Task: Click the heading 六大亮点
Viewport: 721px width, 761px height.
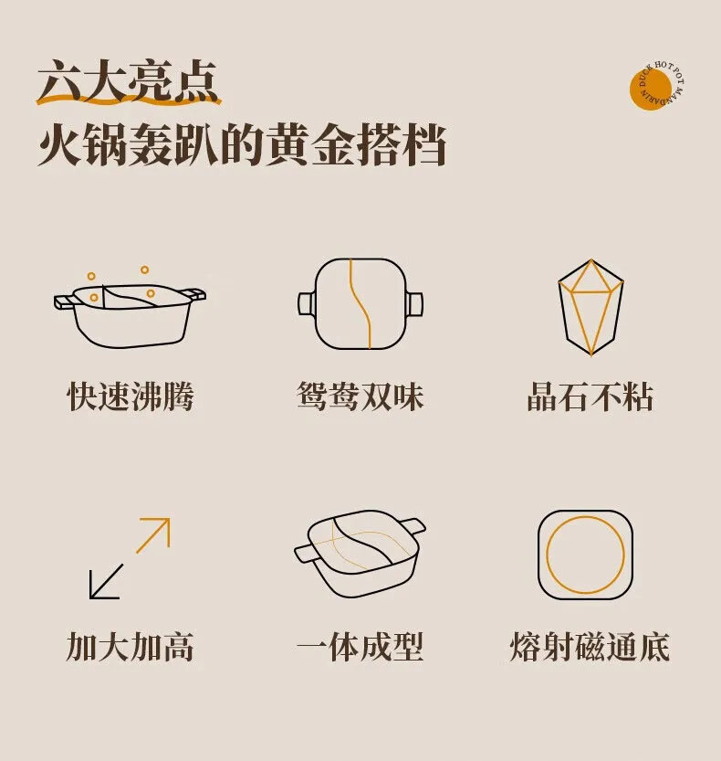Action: tap(128, 82)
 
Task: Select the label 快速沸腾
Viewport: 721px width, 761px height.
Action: tap(130, 396)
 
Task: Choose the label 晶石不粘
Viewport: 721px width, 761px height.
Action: tap(590, 396)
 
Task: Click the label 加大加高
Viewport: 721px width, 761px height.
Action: tap(130, 647)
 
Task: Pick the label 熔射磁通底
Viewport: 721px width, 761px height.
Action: tap(590, 647)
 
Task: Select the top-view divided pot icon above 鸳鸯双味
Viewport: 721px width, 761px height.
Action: tap(360, 303)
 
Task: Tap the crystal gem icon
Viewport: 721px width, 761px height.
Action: tap(590, 307)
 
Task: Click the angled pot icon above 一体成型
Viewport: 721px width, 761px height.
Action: tap(360, 554)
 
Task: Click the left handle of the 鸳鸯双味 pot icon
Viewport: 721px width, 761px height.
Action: tap(307, 303)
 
